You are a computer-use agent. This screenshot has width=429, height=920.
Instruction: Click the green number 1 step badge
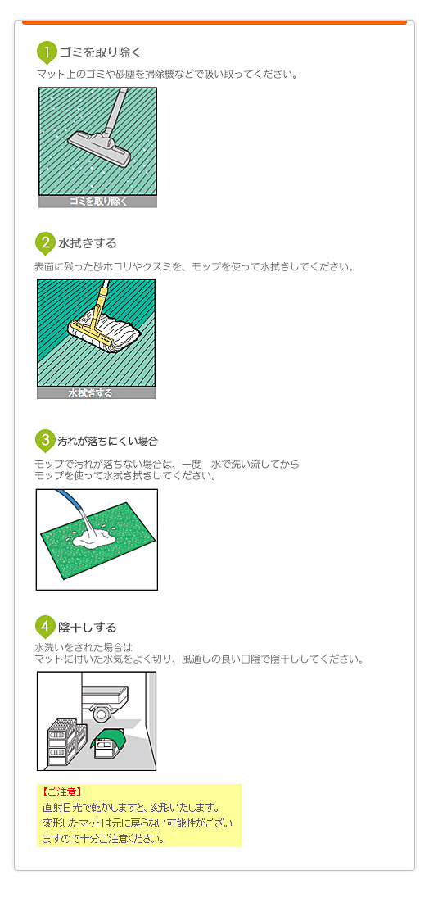(x=47, y=52)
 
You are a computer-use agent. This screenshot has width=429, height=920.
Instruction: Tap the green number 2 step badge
(x=45, y=243)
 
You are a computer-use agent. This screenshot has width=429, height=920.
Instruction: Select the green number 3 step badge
(x=45, y=440)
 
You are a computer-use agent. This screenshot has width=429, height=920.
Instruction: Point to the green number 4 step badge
(x=45, y=627)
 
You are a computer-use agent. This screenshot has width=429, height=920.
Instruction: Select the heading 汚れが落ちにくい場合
(x=107, y=441)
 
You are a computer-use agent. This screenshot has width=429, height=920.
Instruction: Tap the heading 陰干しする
(x=87, y=628)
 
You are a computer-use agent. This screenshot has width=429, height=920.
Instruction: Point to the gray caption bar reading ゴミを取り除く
(x=97, y=202)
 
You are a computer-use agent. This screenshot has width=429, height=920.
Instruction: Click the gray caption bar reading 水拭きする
(x=96, y=393)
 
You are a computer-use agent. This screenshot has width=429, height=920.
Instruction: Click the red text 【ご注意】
(x=61, y=793)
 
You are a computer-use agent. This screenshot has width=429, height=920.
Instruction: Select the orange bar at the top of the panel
(x=214, y=22)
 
